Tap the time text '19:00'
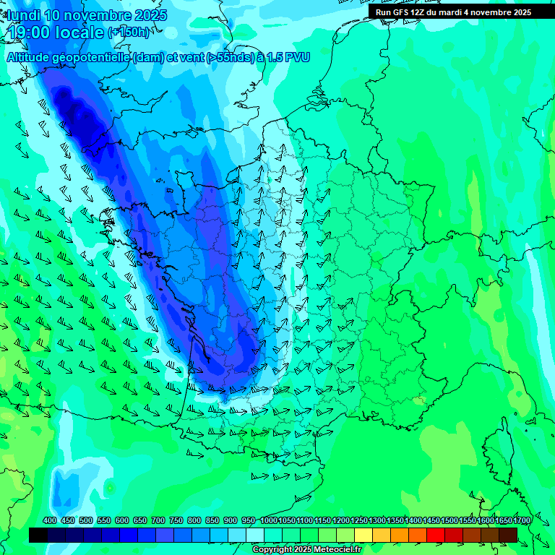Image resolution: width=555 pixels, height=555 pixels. [x=27, y=33]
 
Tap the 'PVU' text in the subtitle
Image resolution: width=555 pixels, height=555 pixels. [x=298, y=58]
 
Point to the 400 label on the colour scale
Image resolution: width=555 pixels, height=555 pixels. [x=50, y=521]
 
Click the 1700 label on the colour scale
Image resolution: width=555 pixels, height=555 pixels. [x=522, y=521]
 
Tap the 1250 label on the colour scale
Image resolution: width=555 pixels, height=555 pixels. [x=359, y=521]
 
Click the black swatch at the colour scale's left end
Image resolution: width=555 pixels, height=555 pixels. [x=38, y=535]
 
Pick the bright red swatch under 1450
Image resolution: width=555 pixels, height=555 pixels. [x=436, y=535]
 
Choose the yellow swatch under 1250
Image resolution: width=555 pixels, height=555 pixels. [x=363, y=535]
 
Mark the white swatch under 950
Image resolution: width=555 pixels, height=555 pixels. [x=255, y=535]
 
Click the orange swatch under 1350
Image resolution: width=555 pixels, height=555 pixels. [x=400, y=535]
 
